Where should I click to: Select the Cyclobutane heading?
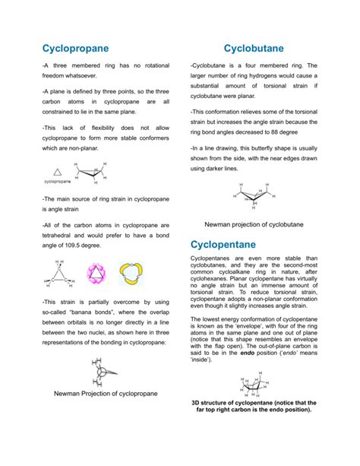259,48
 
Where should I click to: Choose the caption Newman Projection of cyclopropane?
104,415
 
